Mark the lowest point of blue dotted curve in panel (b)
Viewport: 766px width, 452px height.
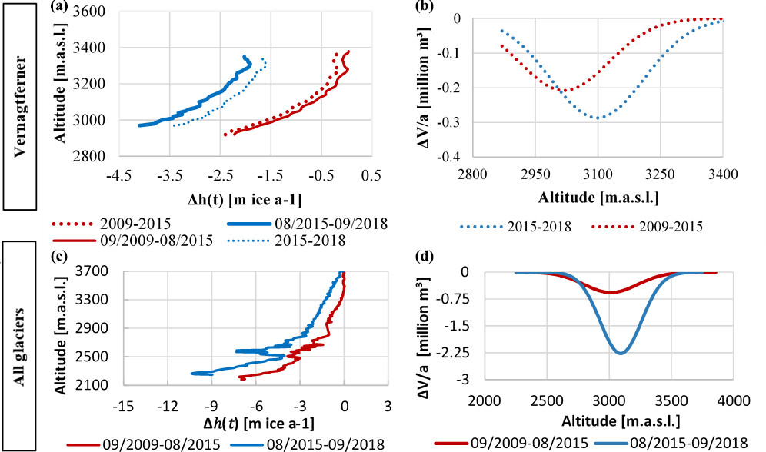point(597,118)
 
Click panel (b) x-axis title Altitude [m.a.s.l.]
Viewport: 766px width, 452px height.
point(597,198)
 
